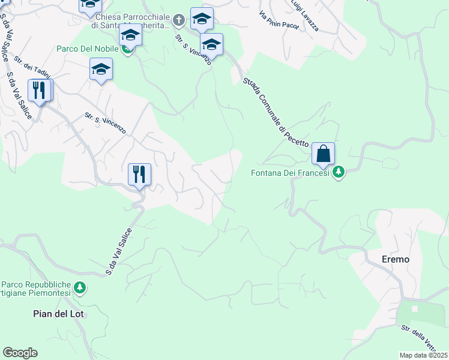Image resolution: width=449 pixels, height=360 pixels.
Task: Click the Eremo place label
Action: (x=396, y=259)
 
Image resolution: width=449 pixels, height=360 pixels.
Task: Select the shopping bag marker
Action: (x=323, y=154)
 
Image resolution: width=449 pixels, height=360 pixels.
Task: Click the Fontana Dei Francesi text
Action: (x=290, y=173)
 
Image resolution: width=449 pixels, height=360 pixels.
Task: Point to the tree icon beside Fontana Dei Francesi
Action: (x=339, y=172)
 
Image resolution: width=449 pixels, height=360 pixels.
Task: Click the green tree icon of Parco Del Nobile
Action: (x=127, y=49)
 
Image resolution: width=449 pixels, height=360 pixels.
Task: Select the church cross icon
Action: (x=178, y=22)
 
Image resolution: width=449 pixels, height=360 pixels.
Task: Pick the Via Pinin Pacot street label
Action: (x=279, y=23)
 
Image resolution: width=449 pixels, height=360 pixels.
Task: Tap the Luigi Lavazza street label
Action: (x=305, y=16)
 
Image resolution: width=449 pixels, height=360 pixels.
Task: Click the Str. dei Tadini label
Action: (x=32, y=67)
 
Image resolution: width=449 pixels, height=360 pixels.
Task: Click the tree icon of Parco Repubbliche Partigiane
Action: (x=79, y=288)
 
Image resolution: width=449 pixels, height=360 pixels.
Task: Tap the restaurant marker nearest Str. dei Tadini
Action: (x=40, y=91)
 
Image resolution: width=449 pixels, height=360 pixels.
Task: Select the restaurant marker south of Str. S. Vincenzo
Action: (x=139, y=175)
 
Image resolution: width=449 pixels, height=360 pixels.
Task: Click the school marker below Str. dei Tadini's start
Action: (x=101, y=69)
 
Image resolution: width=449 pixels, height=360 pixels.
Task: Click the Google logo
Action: (x=20, y=353)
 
